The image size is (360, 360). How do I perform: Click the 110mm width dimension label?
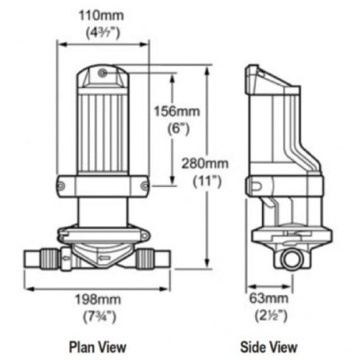point(102,12)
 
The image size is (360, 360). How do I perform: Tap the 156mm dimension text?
point(182,110)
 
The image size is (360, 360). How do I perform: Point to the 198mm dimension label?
point(103,297)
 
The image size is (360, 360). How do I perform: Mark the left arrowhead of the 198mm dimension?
point(28,290)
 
